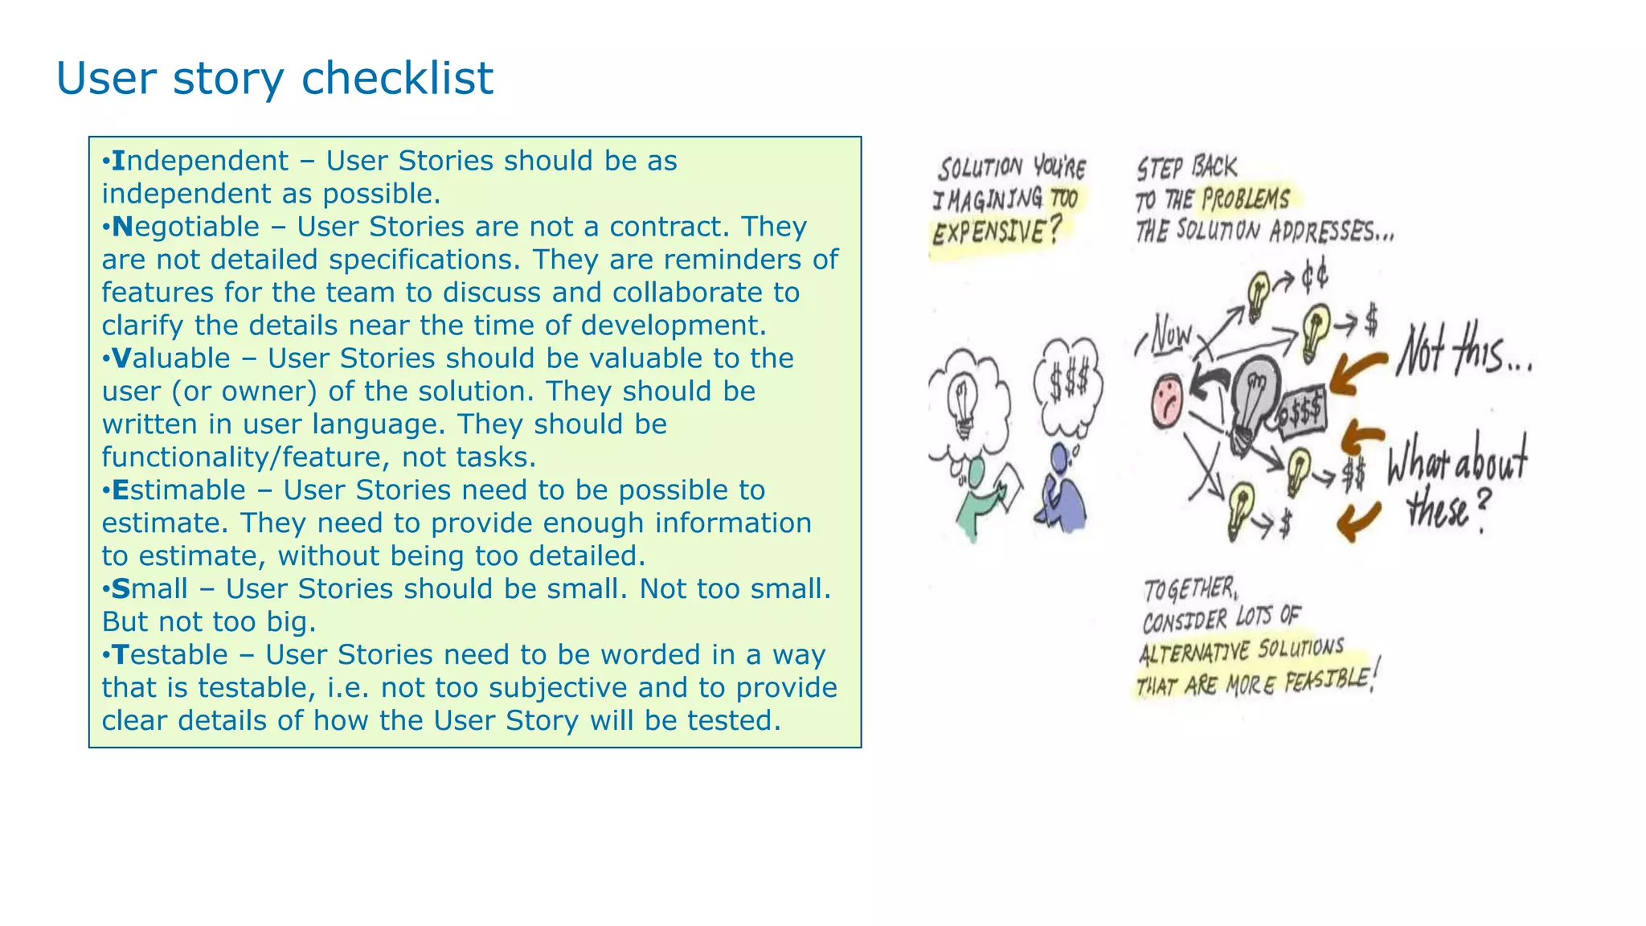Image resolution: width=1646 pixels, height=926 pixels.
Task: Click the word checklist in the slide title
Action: (397, 79)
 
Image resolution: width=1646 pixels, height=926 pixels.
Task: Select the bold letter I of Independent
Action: (118, 161)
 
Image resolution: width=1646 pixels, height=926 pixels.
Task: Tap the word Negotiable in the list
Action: (186, 227)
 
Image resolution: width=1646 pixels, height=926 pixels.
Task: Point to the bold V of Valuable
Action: (121, 359)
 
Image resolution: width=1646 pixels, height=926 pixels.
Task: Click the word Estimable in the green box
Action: (178, 490)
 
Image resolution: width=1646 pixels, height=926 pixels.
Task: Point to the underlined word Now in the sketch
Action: (1171, 334)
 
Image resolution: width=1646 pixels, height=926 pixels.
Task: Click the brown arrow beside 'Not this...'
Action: (1357, 373)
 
